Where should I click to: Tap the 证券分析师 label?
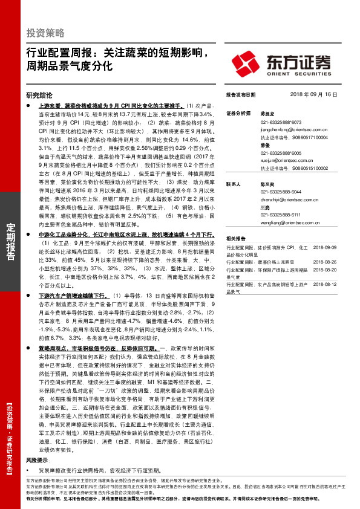pos(238,114)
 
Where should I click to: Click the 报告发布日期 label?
pos(241,95)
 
